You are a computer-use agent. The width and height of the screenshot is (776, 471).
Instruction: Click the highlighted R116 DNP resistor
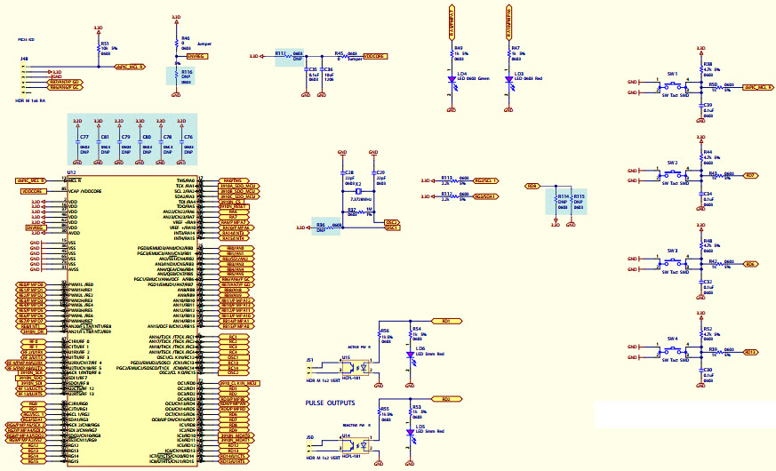tap(174, 76)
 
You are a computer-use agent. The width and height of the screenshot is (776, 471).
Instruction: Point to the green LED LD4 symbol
tap(452, 79)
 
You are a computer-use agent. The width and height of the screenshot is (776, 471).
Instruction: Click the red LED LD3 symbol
tap(509, 79)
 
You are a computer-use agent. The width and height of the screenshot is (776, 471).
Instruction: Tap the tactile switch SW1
tap(673, 86)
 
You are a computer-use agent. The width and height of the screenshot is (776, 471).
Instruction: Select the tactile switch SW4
tap(673, 352)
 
